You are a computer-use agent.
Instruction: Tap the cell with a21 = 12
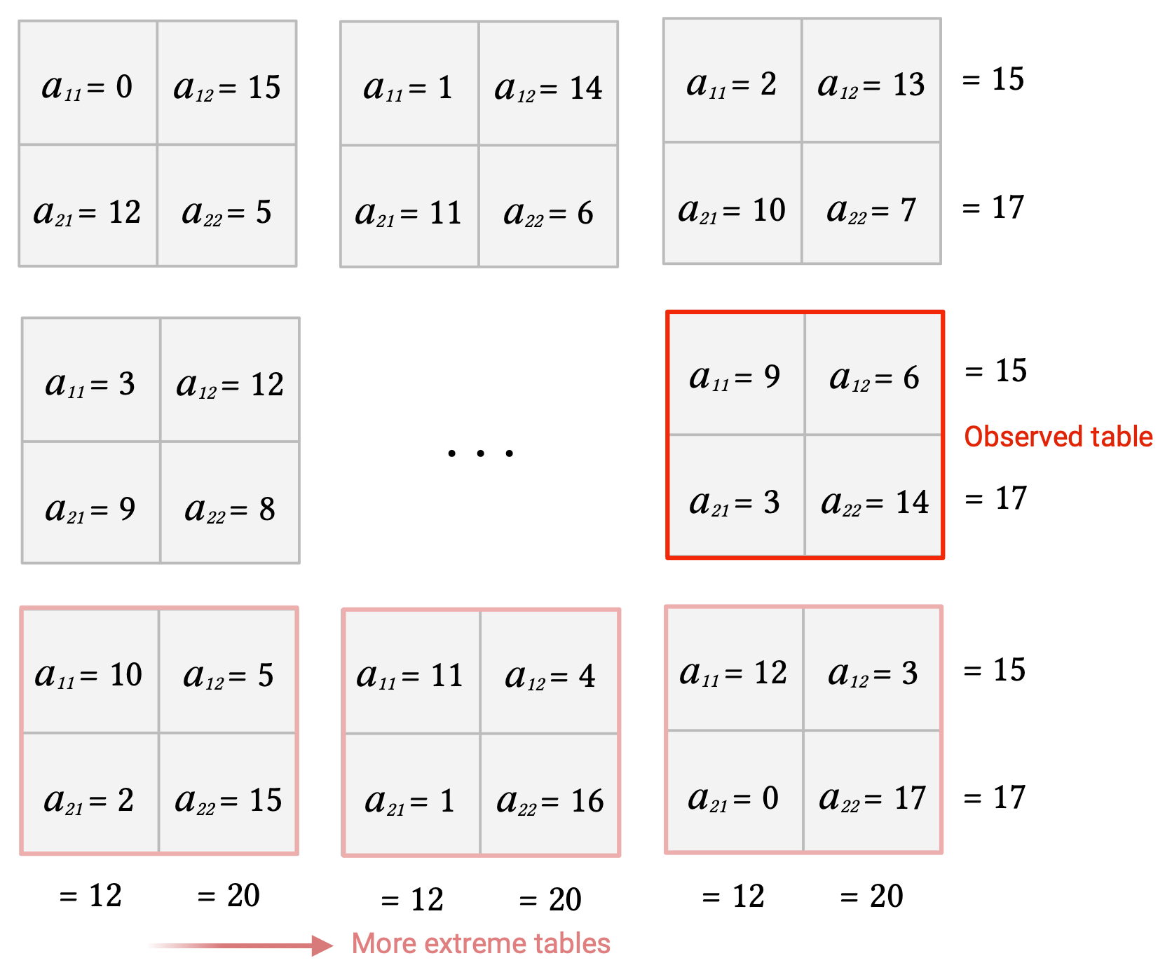(88, 206)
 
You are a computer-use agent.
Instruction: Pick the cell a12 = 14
(548, 83)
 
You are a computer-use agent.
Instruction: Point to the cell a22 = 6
(548, 207)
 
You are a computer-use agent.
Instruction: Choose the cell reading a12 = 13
(871, 81)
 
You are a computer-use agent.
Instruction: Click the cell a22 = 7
(871, 204)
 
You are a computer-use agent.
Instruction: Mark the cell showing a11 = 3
(91, 380)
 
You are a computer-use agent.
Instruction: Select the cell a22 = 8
(230, 503)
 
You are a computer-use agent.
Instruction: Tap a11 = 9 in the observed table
(736, 374)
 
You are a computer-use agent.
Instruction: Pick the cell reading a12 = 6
(874, 374)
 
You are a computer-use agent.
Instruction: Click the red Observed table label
(1058, 437)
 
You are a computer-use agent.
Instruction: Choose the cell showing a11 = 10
(90, 671)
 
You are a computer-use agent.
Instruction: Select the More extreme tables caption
(481, 944)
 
